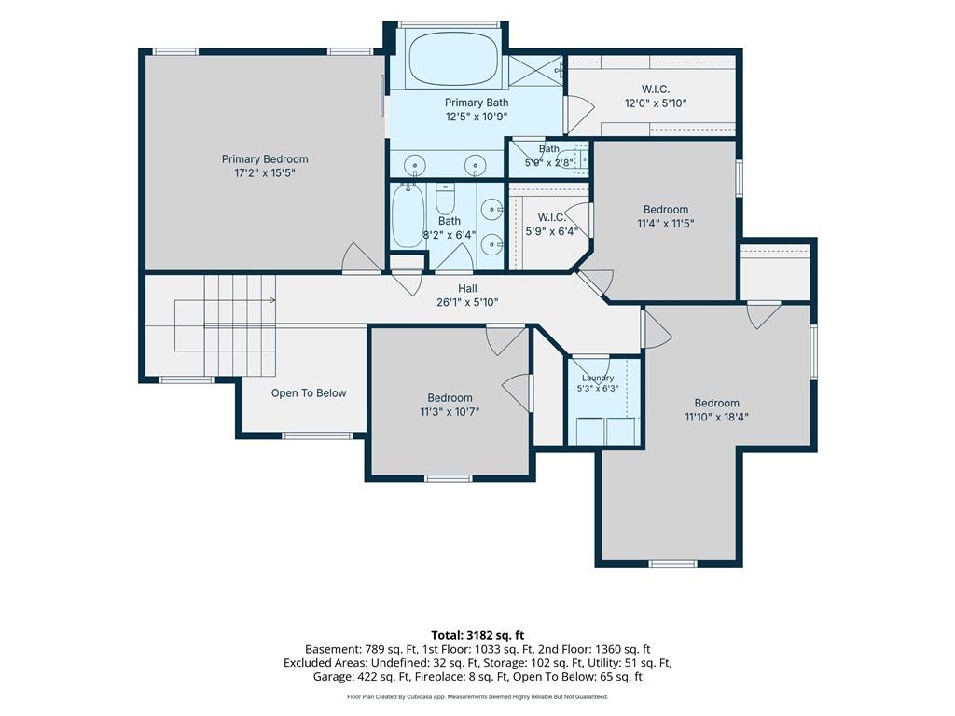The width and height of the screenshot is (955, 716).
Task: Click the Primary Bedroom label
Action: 265,158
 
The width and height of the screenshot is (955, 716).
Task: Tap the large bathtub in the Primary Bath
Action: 452,59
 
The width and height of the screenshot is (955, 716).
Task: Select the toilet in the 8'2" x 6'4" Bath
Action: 446,199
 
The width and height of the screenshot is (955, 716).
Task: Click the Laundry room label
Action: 598,378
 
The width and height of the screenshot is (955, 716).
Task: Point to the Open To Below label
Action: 309,393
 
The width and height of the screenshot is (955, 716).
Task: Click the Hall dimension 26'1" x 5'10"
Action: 467,301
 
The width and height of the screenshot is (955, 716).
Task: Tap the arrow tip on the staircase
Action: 275,300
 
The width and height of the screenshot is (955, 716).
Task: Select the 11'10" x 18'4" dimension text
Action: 716,417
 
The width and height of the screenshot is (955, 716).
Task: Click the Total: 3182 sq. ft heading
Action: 477,636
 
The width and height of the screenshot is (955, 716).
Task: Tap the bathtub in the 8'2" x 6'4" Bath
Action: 408,216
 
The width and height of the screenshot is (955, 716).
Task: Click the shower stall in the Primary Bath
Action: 535,71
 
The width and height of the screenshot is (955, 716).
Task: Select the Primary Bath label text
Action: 477,103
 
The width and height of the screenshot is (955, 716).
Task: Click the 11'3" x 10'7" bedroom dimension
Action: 450,411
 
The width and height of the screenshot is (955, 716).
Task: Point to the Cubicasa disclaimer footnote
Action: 477,696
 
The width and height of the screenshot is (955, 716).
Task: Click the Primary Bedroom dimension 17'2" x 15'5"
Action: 265,172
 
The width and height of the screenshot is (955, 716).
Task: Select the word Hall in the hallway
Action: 467,289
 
